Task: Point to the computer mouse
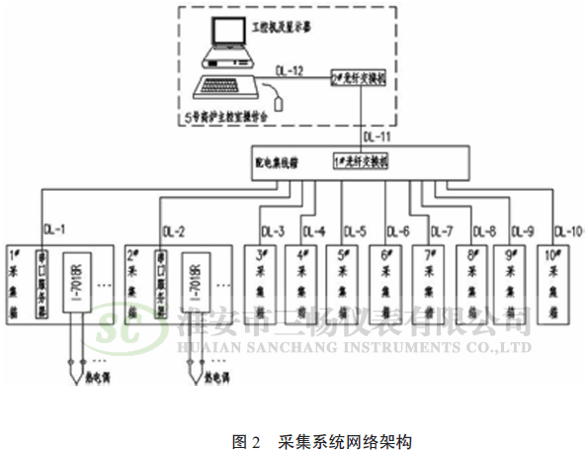[x=283, y=102]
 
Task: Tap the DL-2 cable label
[x=172, y=231]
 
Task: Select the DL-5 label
[x=356, y=231]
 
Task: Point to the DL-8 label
[x=484, y=231]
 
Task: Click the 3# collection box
[x=260, y=287]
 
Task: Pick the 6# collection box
[x=386, y=287]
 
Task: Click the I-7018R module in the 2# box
[x=195, y=286]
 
